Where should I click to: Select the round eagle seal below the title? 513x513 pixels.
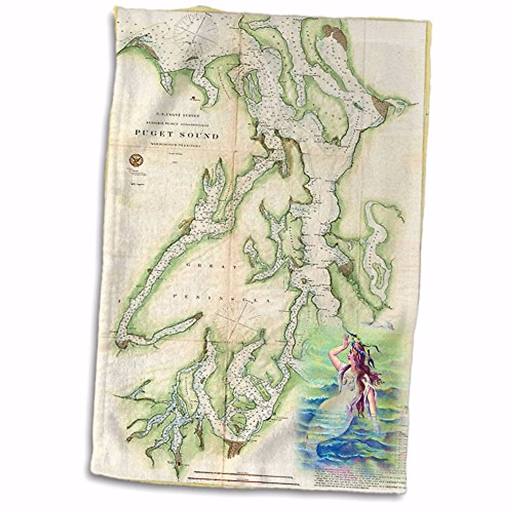coord(135,160)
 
